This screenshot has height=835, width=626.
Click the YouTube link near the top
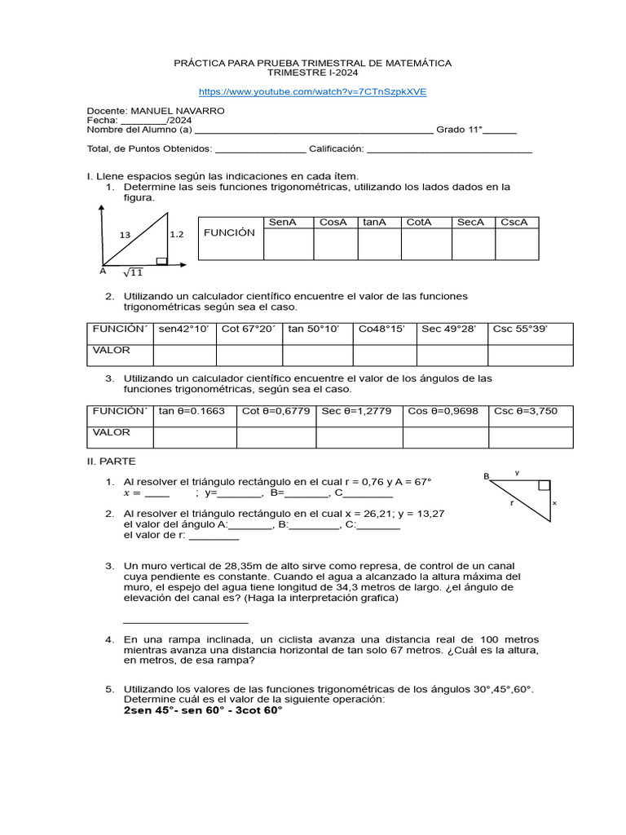pos(313,92)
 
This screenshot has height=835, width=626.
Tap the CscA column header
pos(514,222)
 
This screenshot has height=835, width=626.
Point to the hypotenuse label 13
pos(125,235)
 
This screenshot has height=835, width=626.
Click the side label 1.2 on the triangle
pos(177,234)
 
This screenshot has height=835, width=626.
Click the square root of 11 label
pos(133,272)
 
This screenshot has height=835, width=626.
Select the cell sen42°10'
pos(183,329)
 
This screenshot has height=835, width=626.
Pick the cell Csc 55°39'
pos(520,329)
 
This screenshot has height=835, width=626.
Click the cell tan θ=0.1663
pos(192,411)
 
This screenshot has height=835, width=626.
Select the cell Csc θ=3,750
pos(526,411)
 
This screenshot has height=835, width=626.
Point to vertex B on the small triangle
pos(486,476)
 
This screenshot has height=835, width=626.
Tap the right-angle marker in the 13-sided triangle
pos(161,261)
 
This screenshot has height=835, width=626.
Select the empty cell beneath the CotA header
pos(422,244)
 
